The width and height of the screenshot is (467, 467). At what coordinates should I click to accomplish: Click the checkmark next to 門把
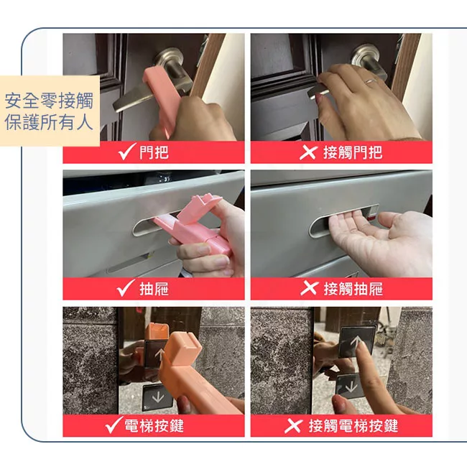pos(127,152)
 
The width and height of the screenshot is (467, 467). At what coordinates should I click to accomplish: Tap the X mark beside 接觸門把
pos(308,152)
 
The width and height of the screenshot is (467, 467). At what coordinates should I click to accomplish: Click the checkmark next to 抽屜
pos(126,287)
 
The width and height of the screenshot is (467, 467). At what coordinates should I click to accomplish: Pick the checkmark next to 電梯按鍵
pos(114,425)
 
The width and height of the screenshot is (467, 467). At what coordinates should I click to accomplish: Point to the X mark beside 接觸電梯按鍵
pos(293,425)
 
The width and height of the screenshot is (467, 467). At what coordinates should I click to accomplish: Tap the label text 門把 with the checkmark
pos(154,152)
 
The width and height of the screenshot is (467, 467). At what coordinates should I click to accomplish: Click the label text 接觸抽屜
pos(353,289)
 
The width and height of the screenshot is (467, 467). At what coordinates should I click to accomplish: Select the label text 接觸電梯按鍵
pos(353,426)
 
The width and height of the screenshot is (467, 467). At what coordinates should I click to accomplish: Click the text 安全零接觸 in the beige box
pos(49,101)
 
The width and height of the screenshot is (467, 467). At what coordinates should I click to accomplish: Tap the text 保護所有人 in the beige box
pos(49,122)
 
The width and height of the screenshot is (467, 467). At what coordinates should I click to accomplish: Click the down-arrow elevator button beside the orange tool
pos(157,397)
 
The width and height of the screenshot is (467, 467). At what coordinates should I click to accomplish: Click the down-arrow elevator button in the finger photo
pos(350,387)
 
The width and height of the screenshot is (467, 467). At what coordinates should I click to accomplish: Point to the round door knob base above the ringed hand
pos(365,56)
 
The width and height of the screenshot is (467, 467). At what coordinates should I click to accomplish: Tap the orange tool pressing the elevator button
pos(193,372)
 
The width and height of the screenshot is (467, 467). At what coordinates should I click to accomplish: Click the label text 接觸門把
pos(353,152)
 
